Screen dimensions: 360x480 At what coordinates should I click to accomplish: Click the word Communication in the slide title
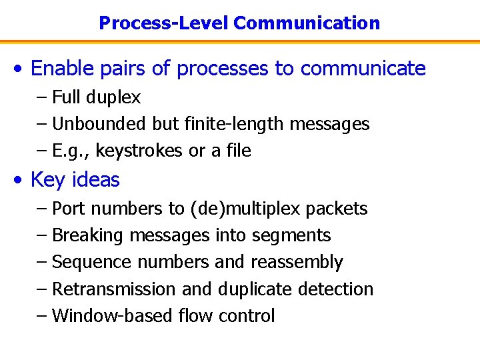(x=307, y=23)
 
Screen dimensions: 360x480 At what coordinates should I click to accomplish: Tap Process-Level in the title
(x=163, y=23)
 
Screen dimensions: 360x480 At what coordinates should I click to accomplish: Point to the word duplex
(x=113, y=98)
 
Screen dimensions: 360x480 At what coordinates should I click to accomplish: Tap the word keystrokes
(x=140, y=151)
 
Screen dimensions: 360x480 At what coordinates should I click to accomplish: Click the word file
(x=237, y=151)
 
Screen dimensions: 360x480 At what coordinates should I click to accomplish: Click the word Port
(x=69, y=209)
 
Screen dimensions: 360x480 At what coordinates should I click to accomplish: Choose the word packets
(x=337, y=209)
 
